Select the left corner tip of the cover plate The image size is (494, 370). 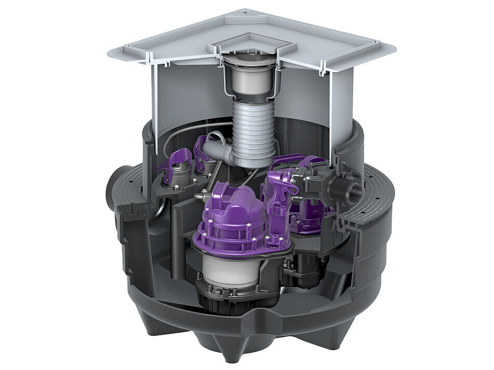(x=111, y=53)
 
